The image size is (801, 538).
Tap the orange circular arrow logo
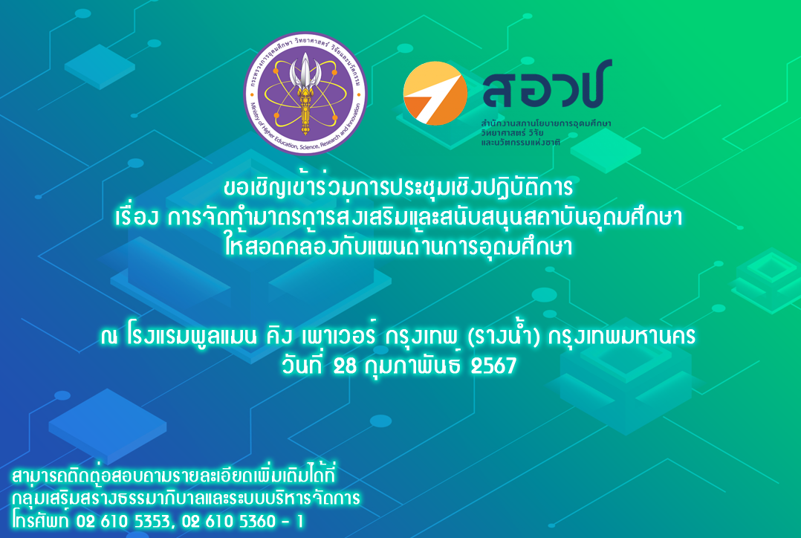(435, 93)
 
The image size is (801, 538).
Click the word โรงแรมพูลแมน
(191, 338)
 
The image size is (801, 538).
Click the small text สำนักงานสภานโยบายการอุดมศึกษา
(546, 121)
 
